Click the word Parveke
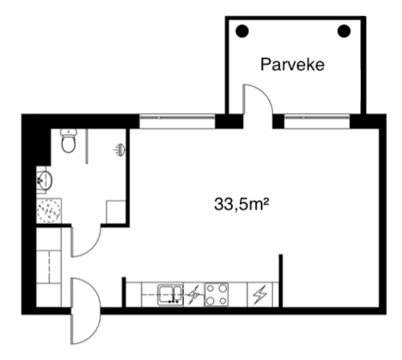pos(292,64)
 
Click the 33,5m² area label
pos(240,204)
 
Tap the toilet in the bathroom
pos(69,143)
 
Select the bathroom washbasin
pos(45,179)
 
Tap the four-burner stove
pos(217,294)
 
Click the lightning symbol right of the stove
pos(259,295)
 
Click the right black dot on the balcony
pos(344,31)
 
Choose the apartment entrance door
pos(84,310)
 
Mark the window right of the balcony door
pos(316,122)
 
